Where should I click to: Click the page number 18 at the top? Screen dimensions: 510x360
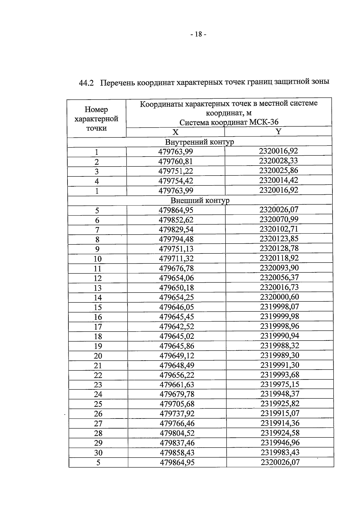coord(198,34)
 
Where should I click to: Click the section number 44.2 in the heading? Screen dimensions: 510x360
coord(86,83)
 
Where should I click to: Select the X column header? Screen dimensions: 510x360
coord(175,132)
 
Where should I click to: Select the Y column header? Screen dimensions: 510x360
coord(278,131)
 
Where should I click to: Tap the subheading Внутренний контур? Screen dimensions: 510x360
coord(199,142)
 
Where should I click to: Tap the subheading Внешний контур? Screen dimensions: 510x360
coord(200,200)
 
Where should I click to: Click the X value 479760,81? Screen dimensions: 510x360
coord(175,161)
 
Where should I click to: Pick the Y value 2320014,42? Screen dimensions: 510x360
coord(279,180)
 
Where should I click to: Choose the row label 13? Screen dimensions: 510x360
coord(97,288)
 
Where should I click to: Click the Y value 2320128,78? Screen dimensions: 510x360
coord(279,248)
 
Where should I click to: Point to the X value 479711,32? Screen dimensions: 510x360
coord(176,259)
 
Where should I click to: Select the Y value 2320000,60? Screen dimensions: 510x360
coord(279,297)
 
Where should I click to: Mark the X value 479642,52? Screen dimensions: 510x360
coord(177,326)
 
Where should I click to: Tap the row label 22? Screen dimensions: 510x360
coord(98,375)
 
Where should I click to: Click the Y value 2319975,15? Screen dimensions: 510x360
coord(280,384)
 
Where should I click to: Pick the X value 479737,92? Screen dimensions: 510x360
coord(177,414)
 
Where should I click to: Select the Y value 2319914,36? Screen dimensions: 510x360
coord(280,423)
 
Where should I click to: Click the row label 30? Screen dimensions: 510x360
coord(98,453)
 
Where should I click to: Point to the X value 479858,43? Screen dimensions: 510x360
coord(177,452)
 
